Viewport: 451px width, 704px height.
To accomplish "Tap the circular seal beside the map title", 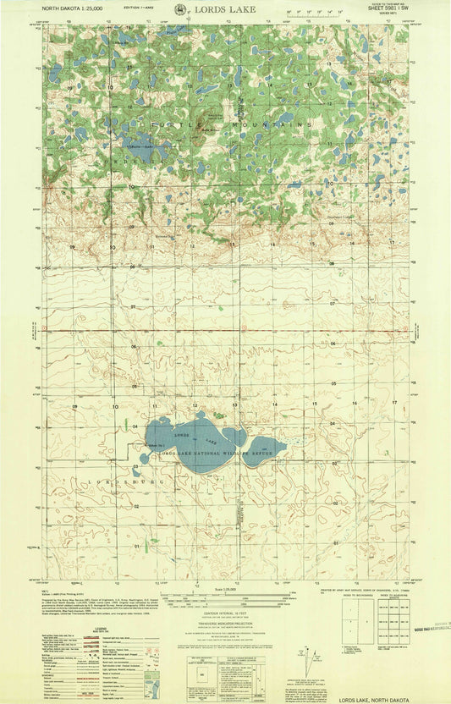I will pos(182,9).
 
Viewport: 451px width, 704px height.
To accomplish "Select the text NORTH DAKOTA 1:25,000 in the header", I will pos(68,9).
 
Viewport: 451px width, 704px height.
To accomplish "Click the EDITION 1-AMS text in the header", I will pos(138,9).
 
